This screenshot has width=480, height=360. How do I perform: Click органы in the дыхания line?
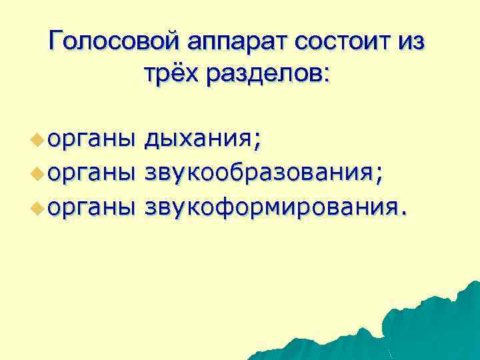pyautogui.click(x=91, y=140)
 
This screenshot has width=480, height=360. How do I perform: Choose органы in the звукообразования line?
pyautogui.click(x=91, y=173)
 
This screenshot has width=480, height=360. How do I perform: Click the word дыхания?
pyautogui.click(x=198, y=139)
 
